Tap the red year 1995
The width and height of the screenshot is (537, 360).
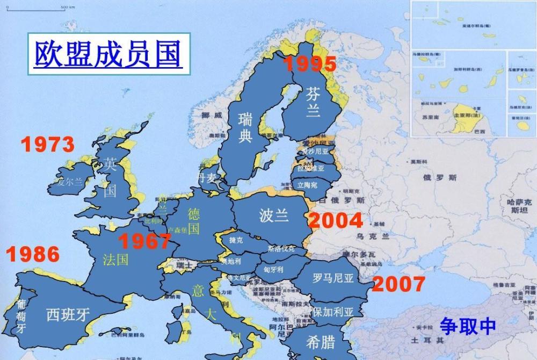[310, 64]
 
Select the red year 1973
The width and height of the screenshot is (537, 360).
[48, 145]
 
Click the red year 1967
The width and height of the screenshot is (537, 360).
[144, 241]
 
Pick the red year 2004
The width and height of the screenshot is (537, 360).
[335, 220]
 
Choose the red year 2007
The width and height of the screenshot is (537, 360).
[398, 284]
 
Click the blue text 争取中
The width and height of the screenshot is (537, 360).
[468, 326]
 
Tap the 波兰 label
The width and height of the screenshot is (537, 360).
[274, 215]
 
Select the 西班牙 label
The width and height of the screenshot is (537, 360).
[68, 314]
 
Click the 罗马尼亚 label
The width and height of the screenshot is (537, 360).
[333, 278]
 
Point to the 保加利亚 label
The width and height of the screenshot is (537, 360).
[333, 312]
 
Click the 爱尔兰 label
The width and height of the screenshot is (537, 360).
[70, 182]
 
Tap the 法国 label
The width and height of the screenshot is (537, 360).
[115, 260]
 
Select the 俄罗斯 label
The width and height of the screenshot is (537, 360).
[440, 177]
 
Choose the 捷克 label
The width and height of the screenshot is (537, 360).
[236, 240]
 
